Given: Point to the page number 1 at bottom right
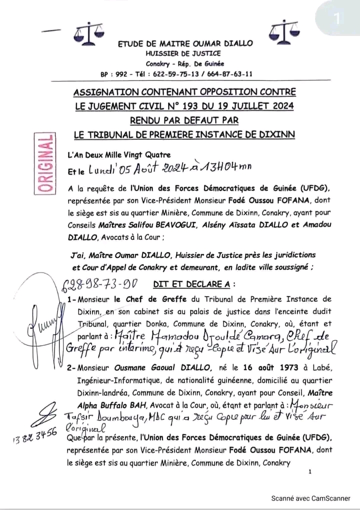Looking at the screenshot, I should [310, 472].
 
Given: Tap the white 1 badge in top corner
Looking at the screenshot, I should [337, 18].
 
